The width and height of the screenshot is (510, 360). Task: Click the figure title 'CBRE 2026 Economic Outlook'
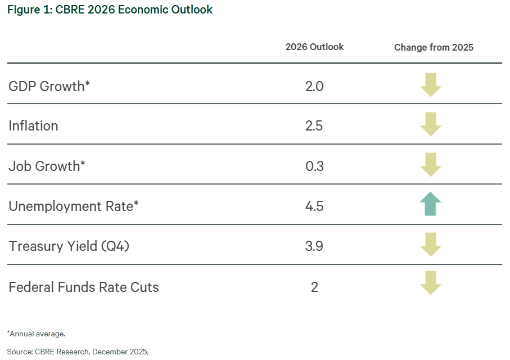(134, 10)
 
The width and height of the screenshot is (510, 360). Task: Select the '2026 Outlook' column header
(314, 47)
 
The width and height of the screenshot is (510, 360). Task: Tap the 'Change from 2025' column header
(434, 47)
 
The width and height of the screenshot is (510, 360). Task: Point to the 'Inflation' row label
(33, 126)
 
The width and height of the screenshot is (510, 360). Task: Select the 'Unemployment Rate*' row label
(74, 206)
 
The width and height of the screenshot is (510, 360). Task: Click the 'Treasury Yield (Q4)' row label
(69, 246)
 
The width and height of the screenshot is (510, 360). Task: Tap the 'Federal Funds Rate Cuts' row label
(84, 287)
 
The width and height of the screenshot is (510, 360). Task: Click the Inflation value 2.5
(314, 126)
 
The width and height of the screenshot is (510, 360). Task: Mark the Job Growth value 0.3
(314, 166)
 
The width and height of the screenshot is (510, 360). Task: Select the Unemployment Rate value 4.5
(314, 206)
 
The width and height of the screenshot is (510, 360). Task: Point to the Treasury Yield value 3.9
(314, 246)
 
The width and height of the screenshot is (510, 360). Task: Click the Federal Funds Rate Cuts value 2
(314, 287)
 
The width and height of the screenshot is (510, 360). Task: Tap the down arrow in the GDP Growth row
(431, 85)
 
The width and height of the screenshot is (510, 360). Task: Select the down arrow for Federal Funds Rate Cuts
(431, 283)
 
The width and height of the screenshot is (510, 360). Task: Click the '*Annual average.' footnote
(36, 334)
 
